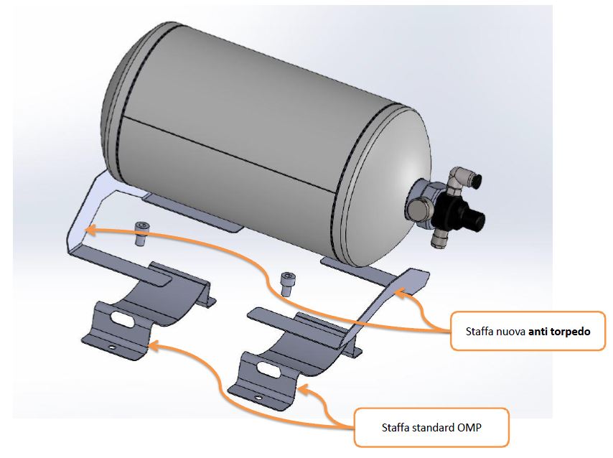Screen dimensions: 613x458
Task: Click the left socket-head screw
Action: (x=141, y=233)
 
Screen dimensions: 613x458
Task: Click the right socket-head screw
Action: (x=287, y=284)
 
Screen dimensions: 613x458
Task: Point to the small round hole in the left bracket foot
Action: (x=112, y=347)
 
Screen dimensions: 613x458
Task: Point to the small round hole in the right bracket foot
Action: (x=258, y=398)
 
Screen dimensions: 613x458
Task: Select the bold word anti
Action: (x=538, y=332)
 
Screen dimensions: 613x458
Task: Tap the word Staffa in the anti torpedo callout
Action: (x=479, y=332)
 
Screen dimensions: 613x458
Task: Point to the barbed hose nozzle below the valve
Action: (x=439, y=238)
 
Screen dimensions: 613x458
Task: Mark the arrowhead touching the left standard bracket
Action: (x=154, y=345)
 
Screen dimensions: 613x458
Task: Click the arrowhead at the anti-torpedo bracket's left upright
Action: (x=90, y=230)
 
